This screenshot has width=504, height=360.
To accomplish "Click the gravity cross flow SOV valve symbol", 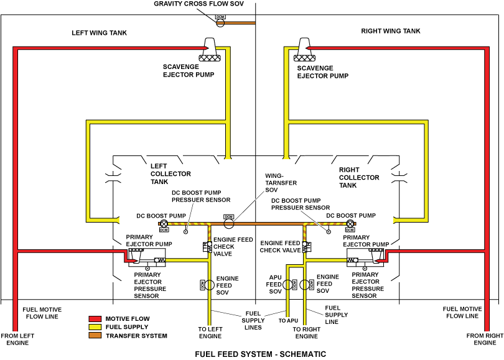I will [220, 23].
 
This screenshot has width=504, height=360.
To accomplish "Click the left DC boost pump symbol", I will [164, 223].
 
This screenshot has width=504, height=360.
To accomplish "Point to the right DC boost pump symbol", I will [350, 223].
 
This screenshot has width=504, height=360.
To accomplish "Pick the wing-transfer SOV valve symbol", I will [228, 223].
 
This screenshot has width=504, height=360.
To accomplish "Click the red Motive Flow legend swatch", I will [95, 319].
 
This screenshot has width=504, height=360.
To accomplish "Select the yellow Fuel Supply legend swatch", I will [95, 327].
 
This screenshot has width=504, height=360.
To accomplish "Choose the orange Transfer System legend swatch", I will [95, 336].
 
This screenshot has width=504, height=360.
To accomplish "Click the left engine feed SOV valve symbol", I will [210, 285].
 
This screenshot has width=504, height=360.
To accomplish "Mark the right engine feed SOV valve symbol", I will [304, 285].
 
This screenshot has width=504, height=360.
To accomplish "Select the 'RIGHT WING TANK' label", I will [391, 31].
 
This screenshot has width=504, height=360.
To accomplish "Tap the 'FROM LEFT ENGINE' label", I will [19, 339].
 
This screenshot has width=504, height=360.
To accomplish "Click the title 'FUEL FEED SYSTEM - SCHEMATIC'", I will [260, 354].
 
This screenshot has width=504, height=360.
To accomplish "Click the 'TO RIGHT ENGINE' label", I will [306, 333].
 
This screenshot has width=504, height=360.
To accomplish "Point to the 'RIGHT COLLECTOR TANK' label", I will [359, 177].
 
